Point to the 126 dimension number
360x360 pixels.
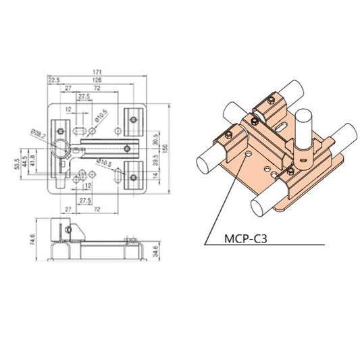point(98,80)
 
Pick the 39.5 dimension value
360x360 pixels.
point(156,163)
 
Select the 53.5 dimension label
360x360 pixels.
point(17,164)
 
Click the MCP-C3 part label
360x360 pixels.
point(245,238)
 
